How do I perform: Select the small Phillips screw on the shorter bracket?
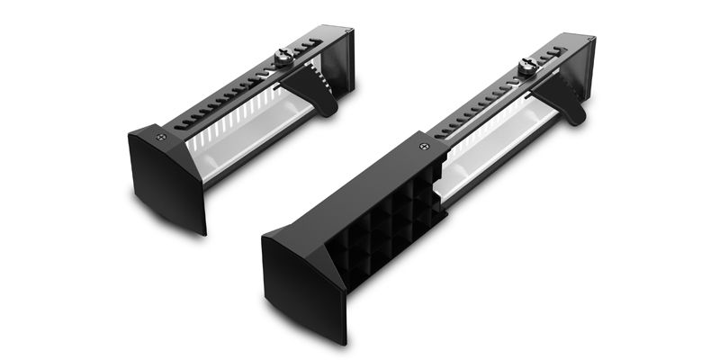161,137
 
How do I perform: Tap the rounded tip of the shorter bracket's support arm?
329,109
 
